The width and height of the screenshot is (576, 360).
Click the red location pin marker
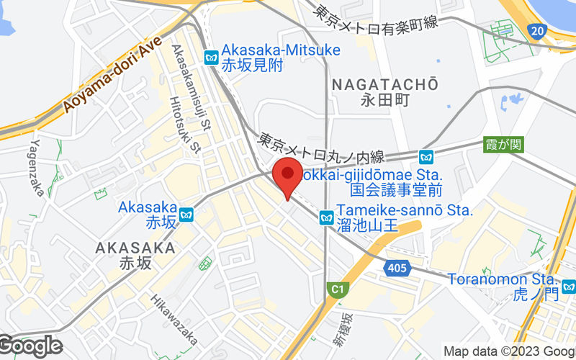(287, 176)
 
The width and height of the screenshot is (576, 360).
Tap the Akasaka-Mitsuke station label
(281, 50)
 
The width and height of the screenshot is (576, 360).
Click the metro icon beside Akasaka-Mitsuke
(212, 57)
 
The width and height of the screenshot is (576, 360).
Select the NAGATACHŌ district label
(385, 85)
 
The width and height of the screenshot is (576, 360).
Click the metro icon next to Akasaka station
(186, 215)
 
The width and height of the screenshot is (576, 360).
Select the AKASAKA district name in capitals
(135, 248)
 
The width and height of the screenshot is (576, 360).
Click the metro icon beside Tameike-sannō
(326, 217)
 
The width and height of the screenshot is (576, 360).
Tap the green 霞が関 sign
(504, 145)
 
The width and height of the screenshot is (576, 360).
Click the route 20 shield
(536, 31)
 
